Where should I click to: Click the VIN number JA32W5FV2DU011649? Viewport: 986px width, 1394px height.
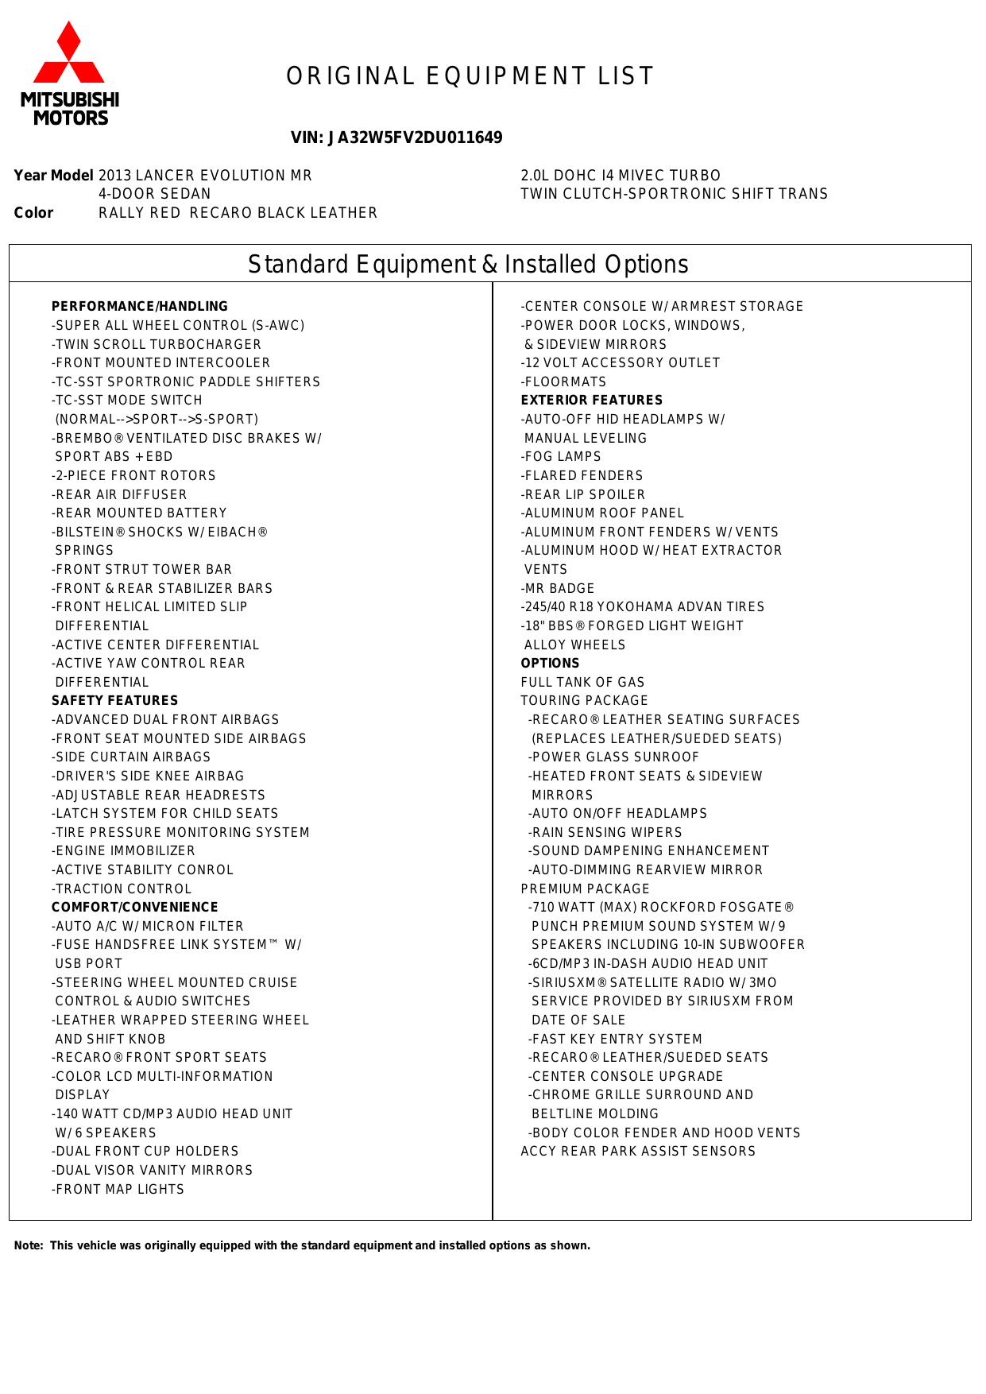[x=396, y=137]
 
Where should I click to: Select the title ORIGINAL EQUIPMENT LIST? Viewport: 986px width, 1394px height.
[x=470, y=76]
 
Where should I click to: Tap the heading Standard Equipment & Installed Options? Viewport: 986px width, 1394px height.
[x=468, y=264]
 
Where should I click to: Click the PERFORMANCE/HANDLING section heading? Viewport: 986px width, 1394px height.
[x=140, y=306]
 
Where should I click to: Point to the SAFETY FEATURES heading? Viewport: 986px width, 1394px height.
[x=115, y=700]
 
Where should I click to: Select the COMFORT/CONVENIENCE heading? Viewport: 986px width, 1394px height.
[x=135, y=907]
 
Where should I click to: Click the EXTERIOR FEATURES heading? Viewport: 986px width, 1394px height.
[x=592, y=400]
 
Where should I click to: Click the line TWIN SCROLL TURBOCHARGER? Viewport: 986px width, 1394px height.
[x=157, y=344]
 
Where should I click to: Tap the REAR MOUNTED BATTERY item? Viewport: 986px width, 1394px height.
[x=139, y=513]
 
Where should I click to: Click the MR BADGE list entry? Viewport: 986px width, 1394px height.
[x=558, y=588]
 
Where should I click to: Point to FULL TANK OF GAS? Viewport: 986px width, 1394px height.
[x=583, y=682]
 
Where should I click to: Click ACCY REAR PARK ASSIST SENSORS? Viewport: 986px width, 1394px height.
[x=638, y=1151]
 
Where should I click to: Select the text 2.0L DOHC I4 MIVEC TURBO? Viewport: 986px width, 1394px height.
[x=621, y=175]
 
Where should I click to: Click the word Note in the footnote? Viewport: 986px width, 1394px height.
[x=28, y=1245]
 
